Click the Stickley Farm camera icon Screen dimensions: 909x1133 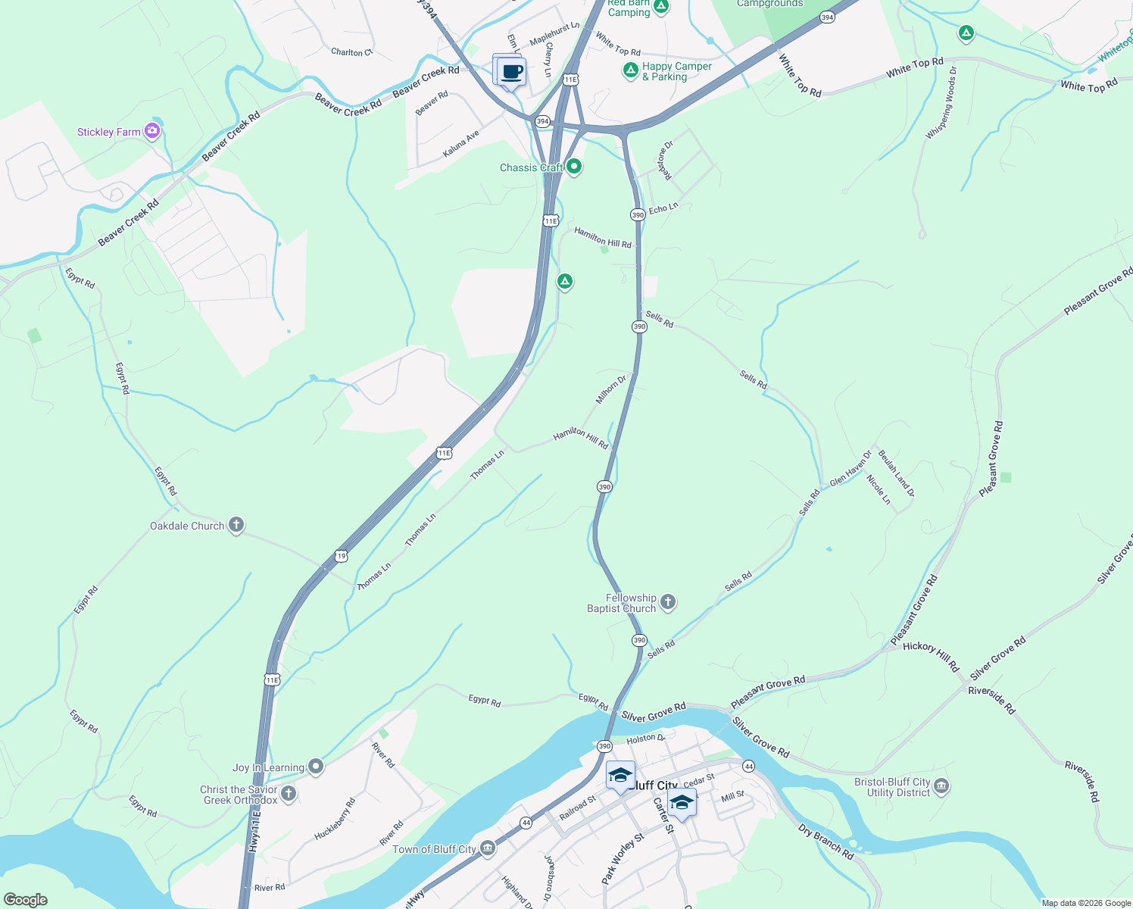pos(152,131)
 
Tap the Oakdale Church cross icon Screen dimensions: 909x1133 pos(236,525)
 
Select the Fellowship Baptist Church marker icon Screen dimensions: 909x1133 pos(667,602)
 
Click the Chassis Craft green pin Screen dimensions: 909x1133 pos(574,167)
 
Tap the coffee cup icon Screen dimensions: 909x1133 pos(512,73)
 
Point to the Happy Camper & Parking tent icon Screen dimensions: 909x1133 pos(630,70)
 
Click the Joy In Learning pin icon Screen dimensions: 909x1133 pos(316,767)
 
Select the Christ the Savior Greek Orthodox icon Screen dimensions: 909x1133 pos(289,794)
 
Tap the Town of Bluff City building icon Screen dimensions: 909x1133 pos(488,848)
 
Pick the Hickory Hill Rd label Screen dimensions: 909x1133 pos(931,655)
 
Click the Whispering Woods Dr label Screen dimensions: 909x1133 pos(941,103)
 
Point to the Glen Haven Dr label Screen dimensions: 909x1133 pos(851,470)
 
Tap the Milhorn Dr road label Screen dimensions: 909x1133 pos(611,389)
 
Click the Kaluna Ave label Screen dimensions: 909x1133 pos(461,144)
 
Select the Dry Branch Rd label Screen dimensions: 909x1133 pos(826,841)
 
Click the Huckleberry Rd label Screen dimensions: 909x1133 pos(335,819)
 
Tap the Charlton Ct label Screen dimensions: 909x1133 pos(351,52)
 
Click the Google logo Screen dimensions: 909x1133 pos(26,900)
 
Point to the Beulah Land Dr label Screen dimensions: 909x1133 pos(896,473)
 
